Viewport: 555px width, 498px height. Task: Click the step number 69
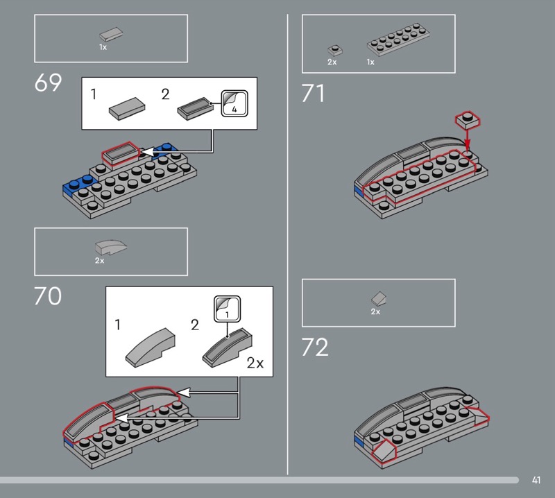[x=48, y=83]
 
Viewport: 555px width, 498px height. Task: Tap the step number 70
[x=48, y=296]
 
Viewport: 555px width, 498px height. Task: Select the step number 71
[x=313, y=93]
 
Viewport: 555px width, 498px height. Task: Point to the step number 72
[x=315, y=347]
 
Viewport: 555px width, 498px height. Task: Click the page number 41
[x=536, y=480]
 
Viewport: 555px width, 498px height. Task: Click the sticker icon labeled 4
[x=234, y=103]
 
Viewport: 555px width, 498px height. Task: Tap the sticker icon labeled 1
[x=228, y=309]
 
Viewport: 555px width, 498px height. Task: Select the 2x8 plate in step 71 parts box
[x=398, y=40]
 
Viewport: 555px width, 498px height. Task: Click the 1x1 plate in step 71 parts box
[x=335, y=50]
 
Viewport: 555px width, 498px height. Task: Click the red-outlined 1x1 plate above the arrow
[x=468, y=119]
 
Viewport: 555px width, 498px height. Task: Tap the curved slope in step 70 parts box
[x=111, y=247]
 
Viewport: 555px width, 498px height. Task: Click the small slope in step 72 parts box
[x=378, y=298]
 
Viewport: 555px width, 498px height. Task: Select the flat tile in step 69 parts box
[x=111, y=35]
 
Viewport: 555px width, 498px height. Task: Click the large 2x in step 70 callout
[x=255, y=363]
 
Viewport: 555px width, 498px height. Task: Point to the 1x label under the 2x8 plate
[x=370, y=62]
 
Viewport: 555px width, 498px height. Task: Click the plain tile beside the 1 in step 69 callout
[x=127, y=108]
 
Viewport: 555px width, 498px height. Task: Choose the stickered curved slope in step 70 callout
[x=228, y=348]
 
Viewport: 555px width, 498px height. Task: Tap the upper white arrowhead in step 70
[x=184, y=392]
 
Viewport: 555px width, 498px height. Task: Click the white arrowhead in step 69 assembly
[x=148, y=152]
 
